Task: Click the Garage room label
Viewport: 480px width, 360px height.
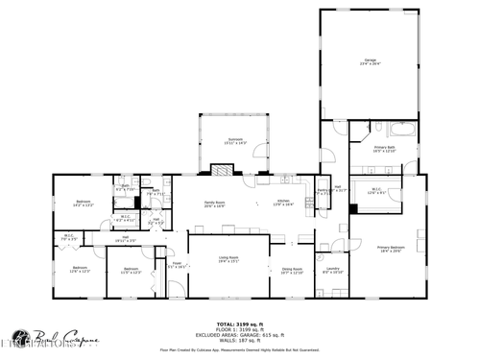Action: pyautogui.click(x=371, y=61)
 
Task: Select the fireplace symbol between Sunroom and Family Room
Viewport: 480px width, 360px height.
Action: pyautogui.click(x=222, y=170)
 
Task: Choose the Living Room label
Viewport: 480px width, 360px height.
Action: pyautogui.click(x=228, y=259)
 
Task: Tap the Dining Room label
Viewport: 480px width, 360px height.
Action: pyautogui.click(x=292, y=271)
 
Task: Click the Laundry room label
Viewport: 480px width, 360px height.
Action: pyautogui.click(x=331, y=270)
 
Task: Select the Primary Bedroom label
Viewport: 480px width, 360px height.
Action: pyautogui.click(x=391, y=249)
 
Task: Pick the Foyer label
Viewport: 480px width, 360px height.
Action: pyautogui.click(x=177, y=264)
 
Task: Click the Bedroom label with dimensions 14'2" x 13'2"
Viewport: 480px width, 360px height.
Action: pyautogui.click(x=83, y=203)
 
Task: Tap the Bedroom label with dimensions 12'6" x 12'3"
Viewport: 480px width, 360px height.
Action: pyautogui.click(x=79, y=269)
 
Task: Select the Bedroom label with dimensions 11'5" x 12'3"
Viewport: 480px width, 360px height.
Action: pyautogui.click(x=130, y=271)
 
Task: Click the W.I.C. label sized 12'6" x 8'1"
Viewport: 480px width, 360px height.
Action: pyautogui.click(x=378, y=191)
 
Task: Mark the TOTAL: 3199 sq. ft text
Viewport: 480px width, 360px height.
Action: pyautogui.click(x=239, y=324)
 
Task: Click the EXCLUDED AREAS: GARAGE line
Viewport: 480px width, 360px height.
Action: pyautogui.click(x=239, y=335)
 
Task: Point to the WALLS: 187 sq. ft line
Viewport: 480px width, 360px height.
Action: pyautogui.click(x=239, y=341)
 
